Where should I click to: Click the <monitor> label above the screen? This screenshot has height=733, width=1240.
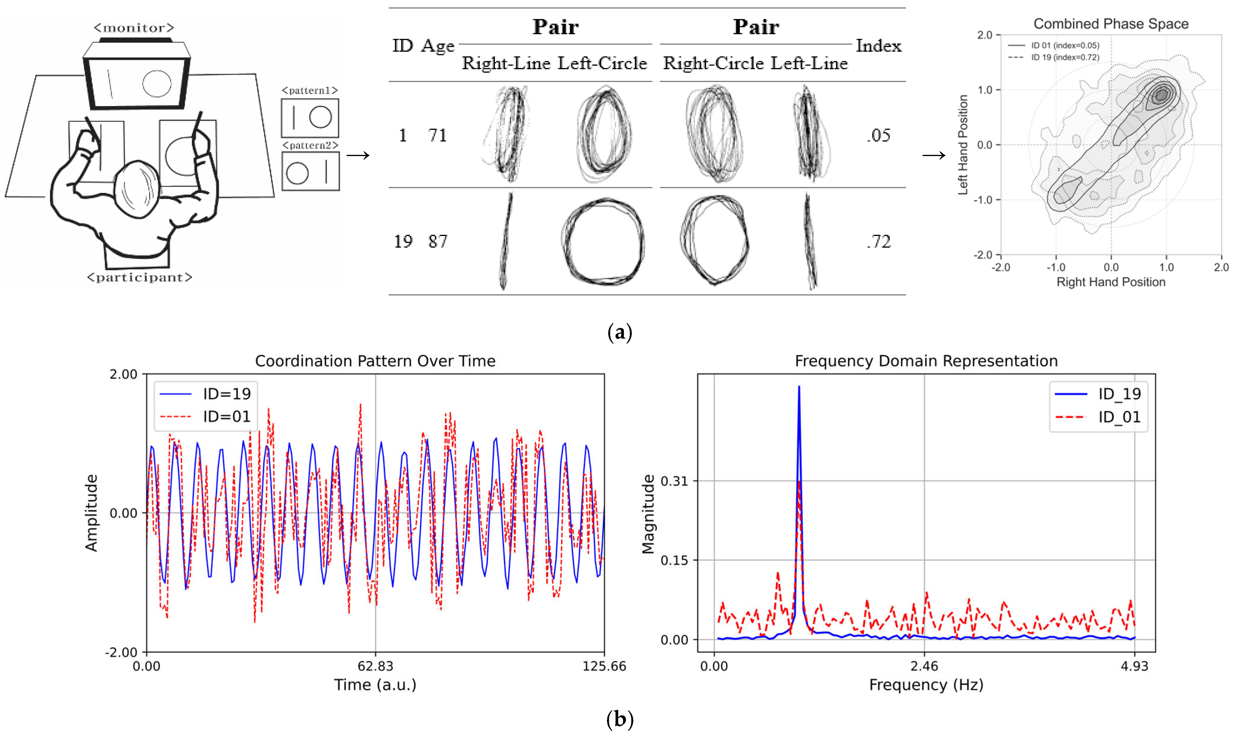[134, 28]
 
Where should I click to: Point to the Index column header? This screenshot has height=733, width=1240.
[878, 46]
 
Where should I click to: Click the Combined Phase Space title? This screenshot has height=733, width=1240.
[1111, 24]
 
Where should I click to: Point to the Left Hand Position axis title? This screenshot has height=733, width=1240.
[963, 145]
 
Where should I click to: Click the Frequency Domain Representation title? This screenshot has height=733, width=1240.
[926, 361]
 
